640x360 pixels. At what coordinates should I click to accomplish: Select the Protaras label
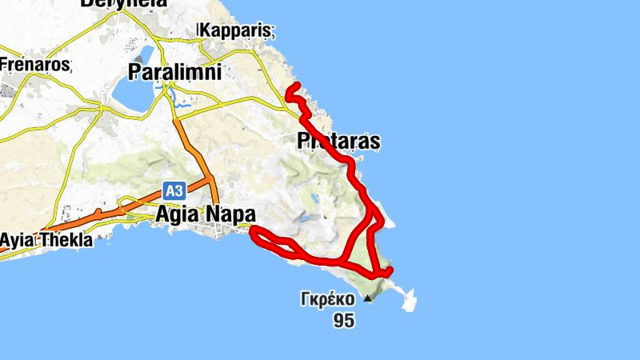(x=338, y=142)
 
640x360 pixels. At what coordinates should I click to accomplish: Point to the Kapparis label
(x=238, y=30)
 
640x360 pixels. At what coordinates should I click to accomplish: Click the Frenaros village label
(x=36, y=63)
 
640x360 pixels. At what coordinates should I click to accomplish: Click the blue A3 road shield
(x=174, y=190)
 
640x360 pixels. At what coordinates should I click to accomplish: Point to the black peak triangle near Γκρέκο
(x=367, y=299)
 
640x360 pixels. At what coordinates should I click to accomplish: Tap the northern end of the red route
(x=296, y=85)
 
